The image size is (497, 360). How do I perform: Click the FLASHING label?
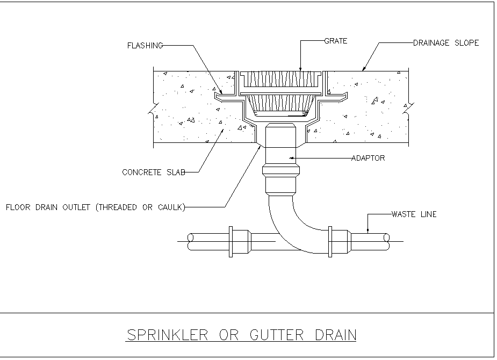[x=145, y=46]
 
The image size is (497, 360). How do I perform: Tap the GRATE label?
[x=336, y=40]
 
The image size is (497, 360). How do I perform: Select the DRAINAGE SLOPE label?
[x=445, y=43]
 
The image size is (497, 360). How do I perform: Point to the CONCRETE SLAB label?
[x=154, y=172]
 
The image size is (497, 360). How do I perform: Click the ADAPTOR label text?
[x=368, y=159]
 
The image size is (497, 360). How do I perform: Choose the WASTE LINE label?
[x=414, y=214]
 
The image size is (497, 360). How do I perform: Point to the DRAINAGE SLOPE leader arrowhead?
[x=364, y=69]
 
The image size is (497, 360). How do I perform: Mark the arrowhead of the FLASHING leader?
[x=220, y=92]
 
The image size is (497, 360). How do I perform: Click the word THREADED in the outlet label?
[x=117, y=207]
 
